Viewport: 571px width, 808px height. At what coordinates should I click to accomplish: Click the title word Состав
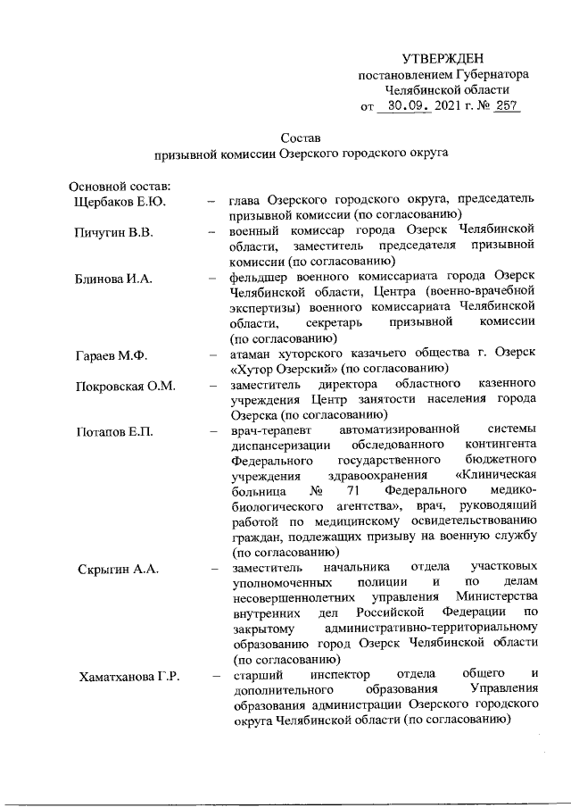point(299,138)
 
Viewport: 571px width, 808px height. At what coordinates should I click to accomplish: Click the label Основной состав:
point(120,187)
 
